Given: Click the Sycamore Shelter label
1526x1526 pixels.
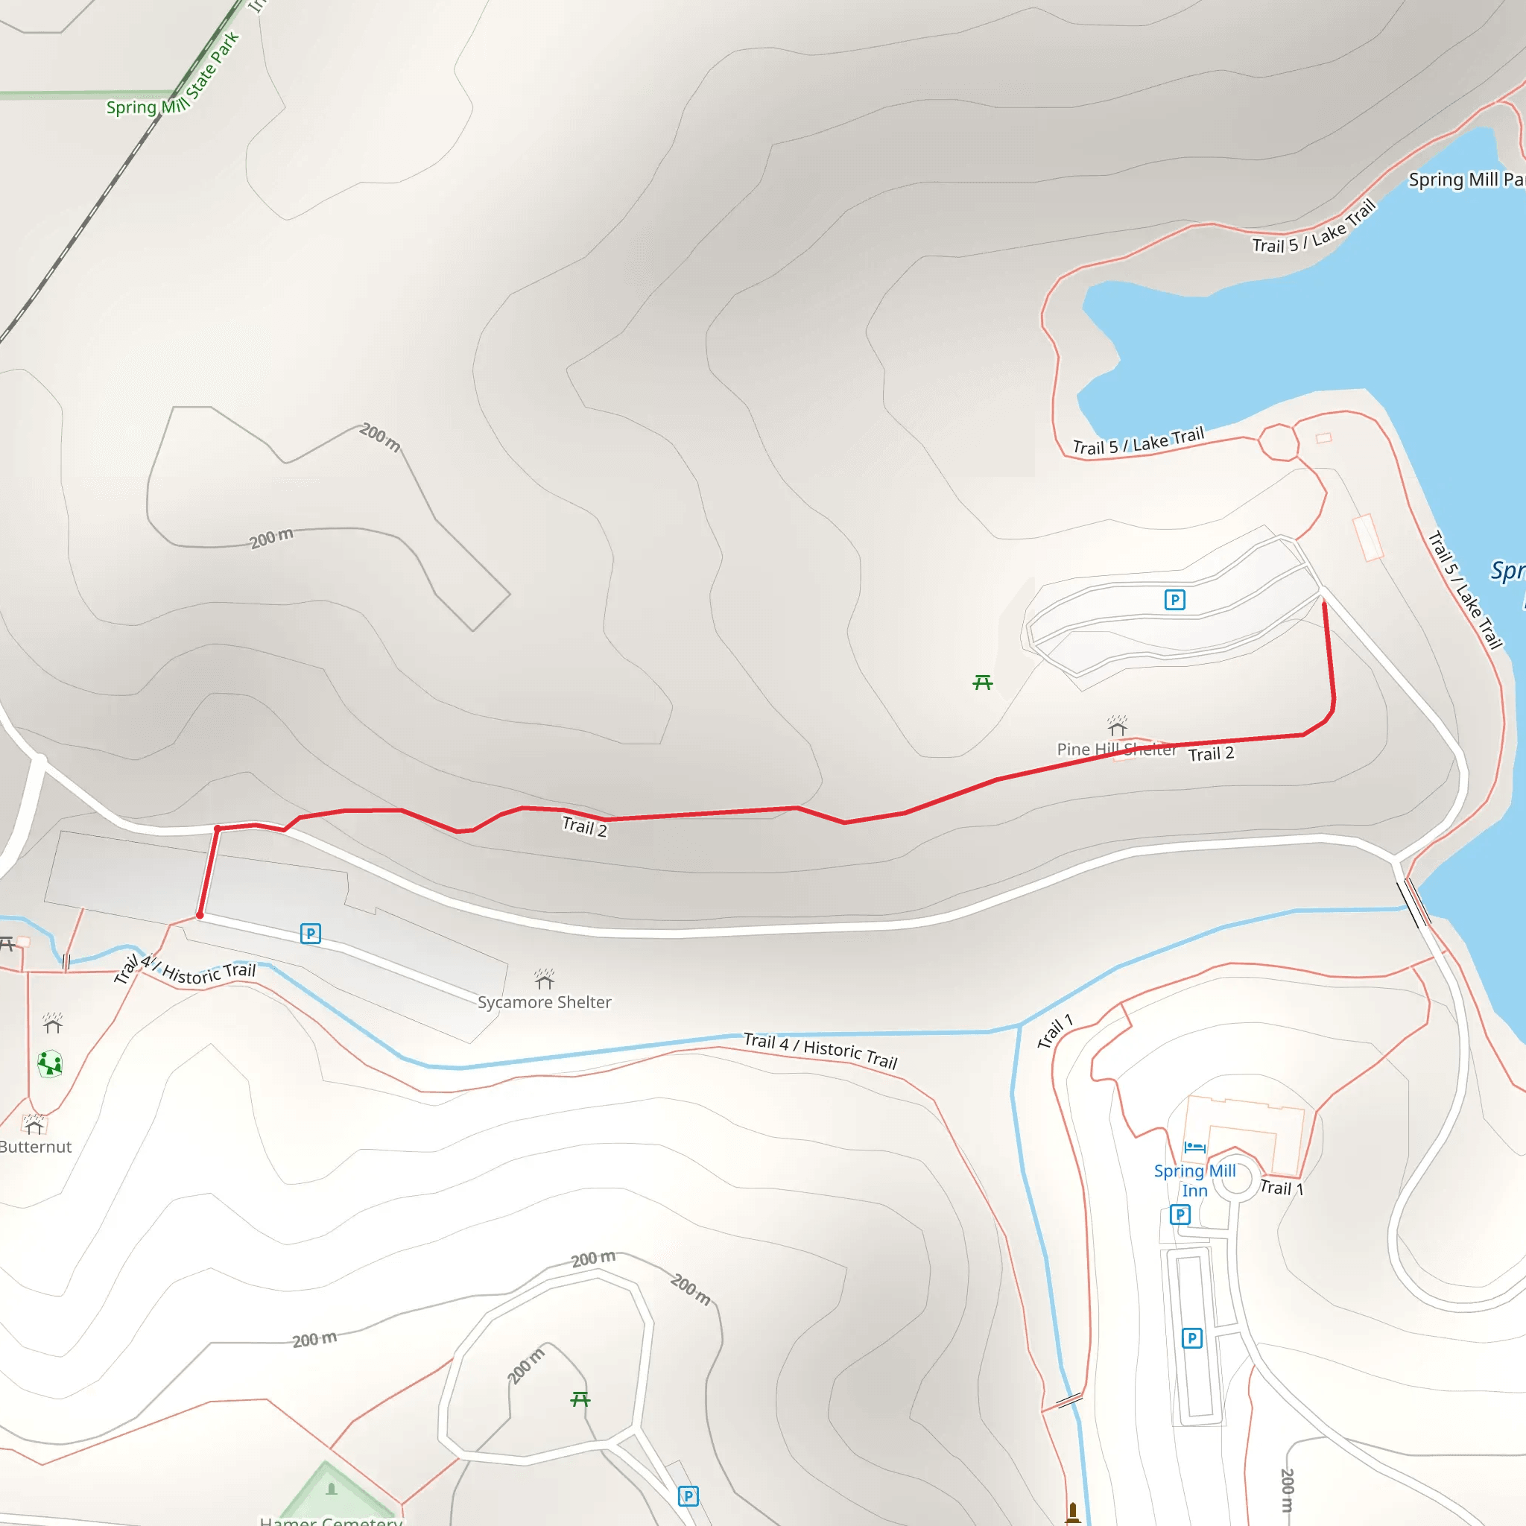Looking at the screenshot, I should coord(544,1002).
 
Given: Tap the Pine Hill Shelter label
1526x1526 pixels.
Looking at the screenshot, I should coord(1116,750).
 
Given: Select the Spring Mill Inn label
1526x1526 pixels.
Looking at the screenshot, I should coord(1194,1181).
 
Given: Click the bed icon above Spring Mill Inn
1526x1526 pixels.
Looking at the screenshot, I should coord(1194,1147).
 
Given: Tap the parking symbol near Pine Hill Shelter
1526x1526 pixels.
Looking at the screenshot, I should coord(1174,601).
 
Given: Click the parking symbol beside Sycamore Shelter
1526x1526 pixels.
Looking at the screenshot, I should coord(311,934).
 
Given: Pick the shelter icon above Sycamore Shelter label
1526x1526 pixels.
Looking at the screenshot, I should coord(544,979).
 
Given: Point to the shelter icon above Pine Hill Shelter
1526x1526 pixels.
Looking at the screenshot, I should coord(1117,724).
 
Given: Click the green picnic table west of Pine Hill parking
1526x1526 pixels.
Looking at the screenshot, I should coord(983,682).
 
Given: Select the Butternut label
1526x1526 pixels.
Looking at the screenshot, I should coord(36,1147).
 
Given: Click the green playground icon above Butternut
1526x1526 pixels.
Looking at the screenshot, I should coord(50,1063).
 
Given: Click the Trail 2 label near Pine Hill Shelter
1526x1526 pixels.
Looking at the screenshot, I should coord(1211,754).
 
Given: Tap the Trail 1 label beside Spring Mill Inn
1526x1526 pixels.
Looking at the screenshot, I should coord(1281,1188).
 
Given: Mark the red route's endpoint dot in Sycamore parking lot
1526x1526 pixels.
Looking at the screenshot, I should coord(200,916).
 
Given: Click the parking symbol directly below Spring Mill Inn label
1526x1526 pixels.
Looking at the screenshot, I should coord(1180,1214).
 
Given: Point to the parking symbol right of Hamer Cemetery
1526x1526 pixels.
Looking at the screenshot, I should coord(688,1496).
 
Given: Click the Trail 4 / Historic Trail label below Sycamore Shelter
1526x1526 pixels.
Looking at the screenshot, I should coord(820,1051).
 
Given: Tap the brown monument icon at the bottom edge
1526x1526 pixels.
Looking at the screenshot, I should coord(1073,1512).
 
